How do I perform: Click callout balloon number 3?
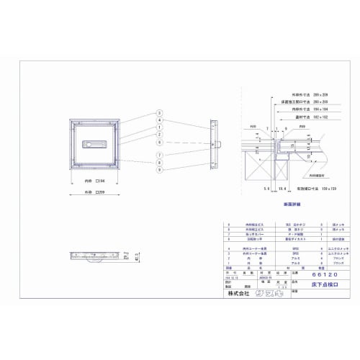(157, 114)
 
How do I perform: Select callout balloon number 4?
(157, 121)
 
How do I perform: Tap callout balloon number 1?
(157, 127)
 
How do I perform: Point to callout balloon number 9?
(157, 169)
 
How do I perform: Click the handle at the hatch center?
(95, 144)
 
